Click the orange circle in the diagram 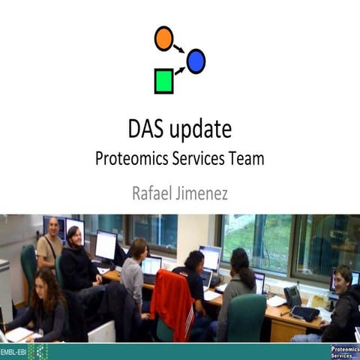pos(163,38)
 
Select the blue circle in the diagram pos(196,61)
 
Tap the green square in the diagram pos(164,81)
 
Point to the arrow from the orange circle pos(179,49)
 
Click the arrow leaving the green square pos(179,71)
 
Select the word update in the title pos(200,130)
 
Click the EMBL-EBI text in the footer pos(14,351)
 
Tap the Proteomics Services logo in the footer pos(344,351)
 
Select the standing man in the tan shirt pos(51,244)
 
